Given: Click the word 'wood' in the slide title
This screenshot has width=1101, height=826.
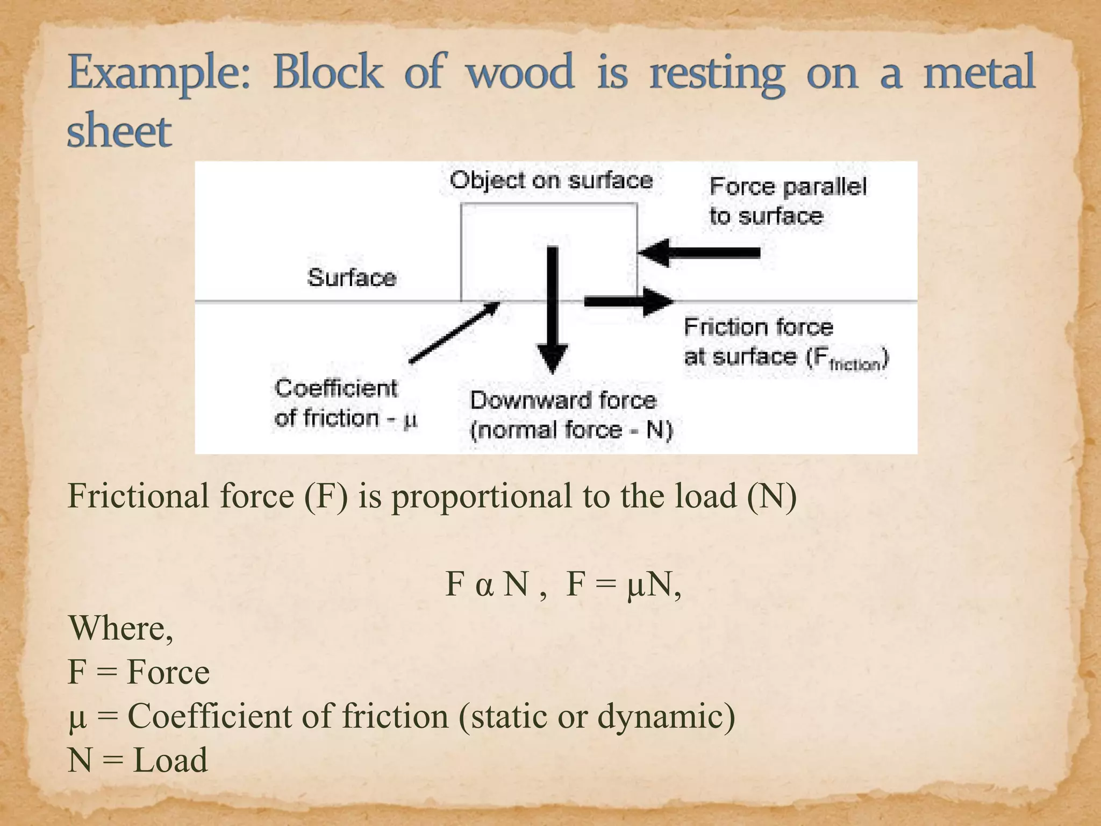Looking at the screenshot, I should click(520, 73).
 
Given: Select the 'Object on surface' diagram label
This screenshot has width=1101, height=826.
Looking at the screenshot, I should click(551, 180).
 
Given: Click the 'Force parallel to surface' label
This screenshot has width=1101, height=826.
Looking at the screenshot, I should click(787, 201).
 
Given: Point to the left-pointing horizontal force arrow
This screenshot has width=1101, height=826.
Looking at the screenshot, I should click(699, 252).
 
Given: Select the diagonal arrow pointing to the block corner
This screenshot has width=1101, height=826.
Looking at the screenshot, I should click(454, 332).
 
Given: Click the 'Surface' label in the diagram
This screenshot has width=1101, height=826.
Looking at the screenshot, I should click(352, 277).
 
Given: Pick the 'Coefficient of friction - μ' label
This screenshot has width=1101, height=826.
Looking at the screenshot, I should click(345, 403).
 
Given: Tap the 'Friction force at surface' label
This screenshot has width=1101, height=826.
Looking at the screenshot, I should click(785, 343).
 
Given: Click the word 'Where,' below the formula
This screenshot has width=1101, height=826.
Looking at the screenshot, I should click(120, 628).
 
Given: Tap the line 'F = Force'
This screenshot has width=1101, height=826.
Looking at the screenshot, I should click(139, 672).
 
